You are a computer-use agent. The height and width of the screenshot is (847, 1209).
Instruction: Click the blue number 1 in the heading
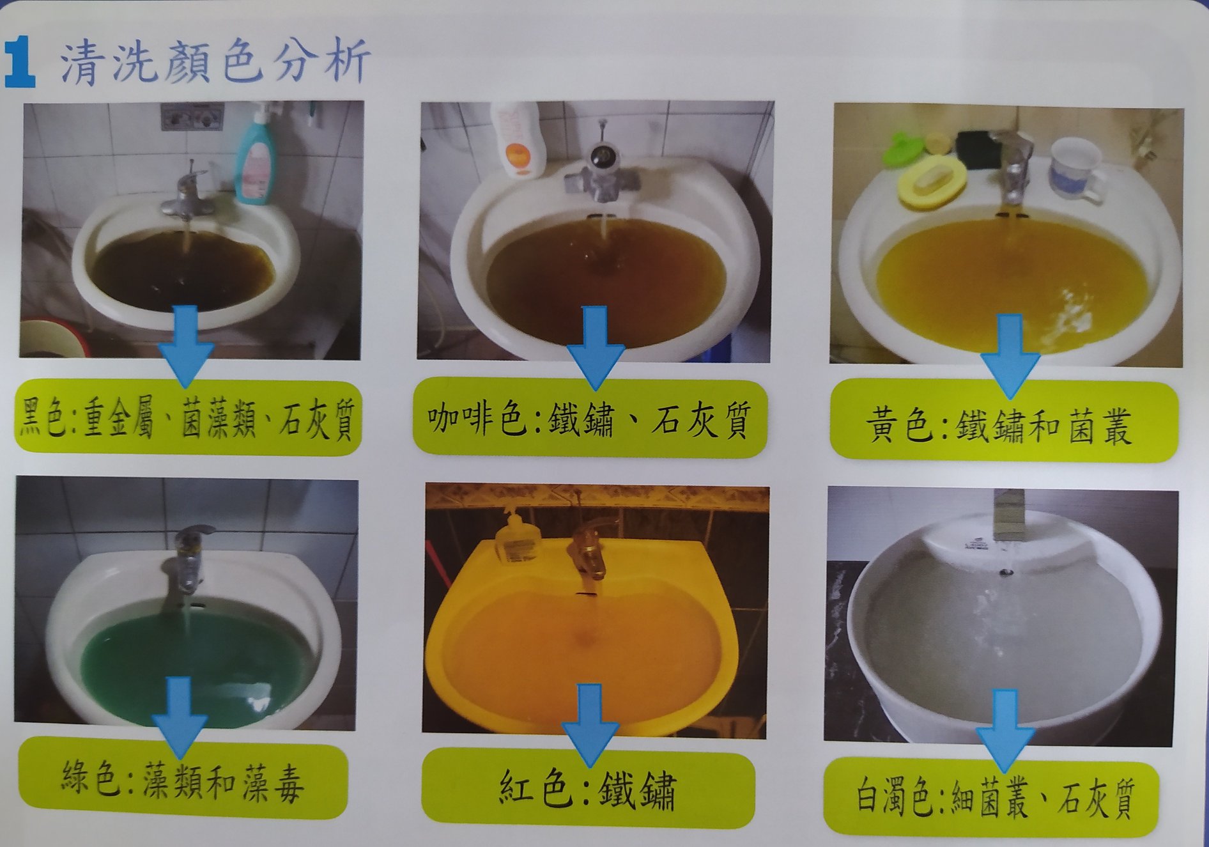pos(19,62)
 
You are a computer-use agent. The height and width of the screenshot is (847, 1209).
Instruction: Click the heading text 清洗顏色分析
pos(215,62)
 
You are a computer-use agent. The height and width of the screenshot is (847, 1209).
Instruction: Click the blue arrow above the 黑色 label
pos(185,346)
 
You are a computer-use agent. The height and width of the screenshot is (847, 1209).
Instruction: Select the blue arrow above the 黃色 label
pos(1010,355)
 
